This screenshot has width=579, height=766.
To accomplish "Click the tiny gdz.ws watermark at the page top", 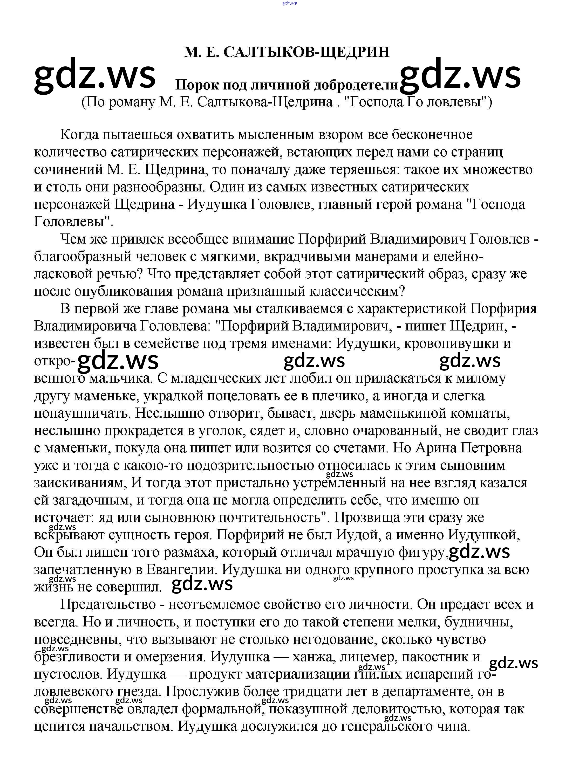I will (289, 3).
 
